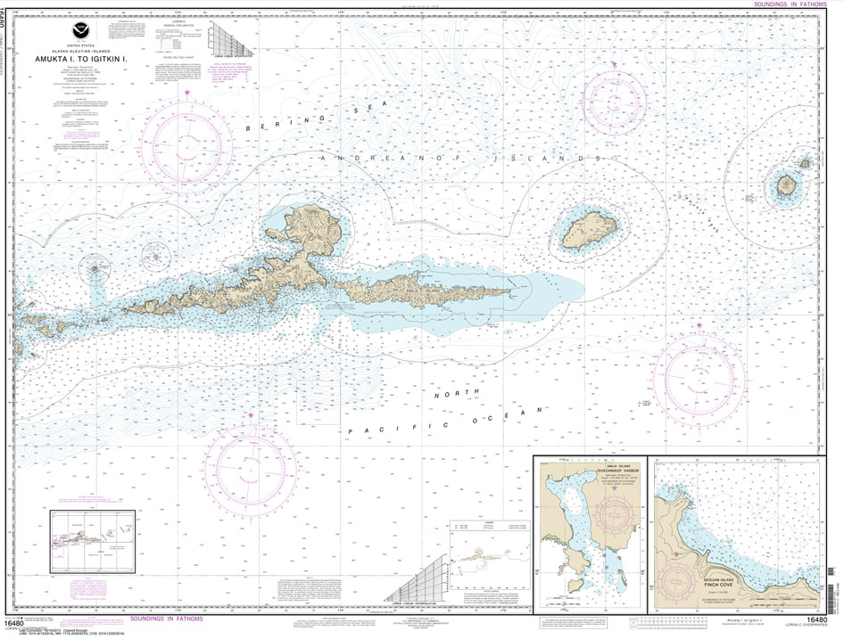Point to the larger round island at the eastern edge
click(786, 186)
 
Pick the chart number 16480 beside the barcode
click(815, 620)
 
